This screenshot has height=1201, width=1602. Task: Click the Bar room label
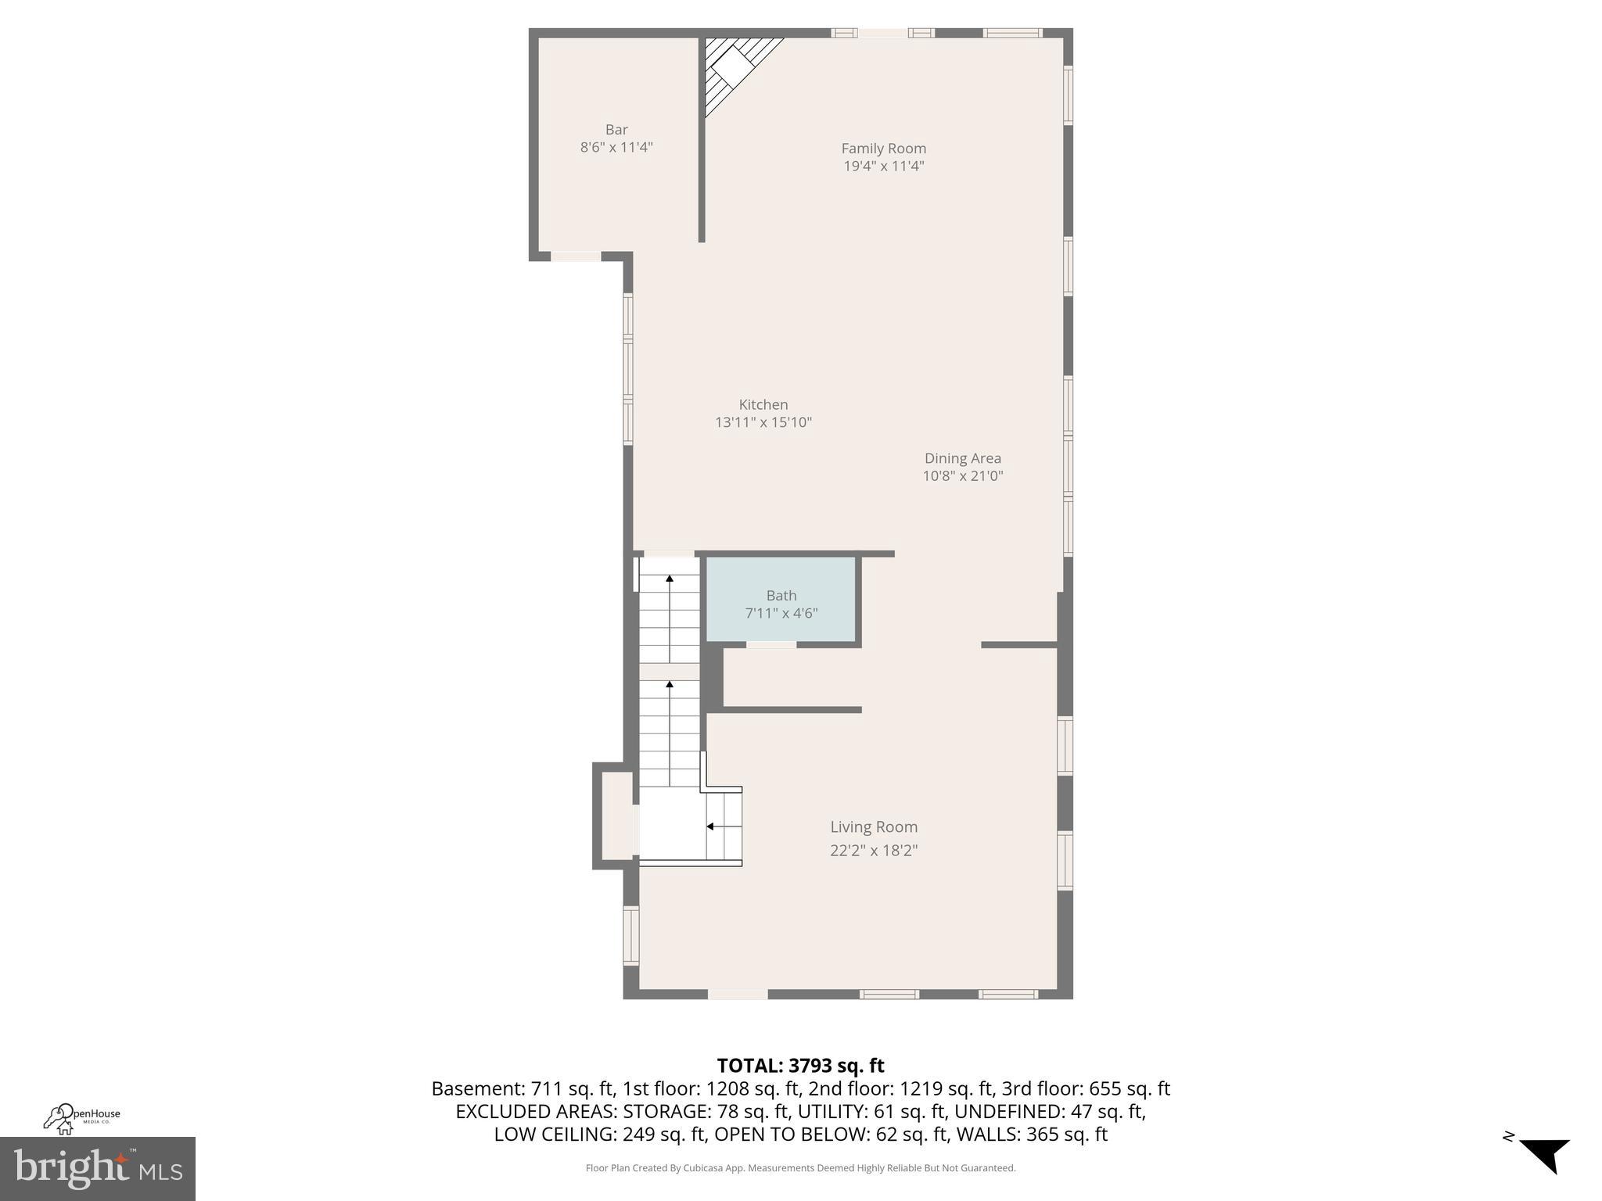click(616, 130)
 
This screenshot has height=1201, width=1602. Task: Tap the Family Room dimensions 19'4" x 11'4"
click(884, 166)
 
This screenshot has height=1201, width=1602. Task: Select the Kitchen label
click(763, 404)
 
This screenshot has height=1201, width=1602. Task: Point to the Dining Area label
click(962, 458)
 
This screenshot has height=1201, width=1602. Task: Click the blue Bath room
click(781, 600)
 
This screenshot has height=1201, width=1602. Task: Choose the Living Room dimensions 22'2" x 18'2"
click(874, 851)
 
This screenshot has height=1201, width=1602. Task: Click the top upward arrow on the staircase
click(670, 579)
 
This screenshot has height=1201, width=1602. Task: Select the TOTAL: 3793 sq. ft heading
click(800, 1066)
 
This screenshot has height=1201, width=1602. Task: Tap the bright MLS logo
click(97, 1168)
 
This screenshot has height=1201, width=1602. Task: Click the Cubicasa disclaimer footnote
click(800, 1168)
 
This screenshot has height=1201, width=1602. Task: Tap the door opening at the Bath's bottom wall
click(771, 644)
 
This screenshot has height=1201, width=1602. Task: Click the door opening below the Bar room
click(577, 256)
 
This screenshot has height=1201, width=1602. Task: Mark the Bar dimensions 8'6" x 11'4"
click(616, 147)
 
